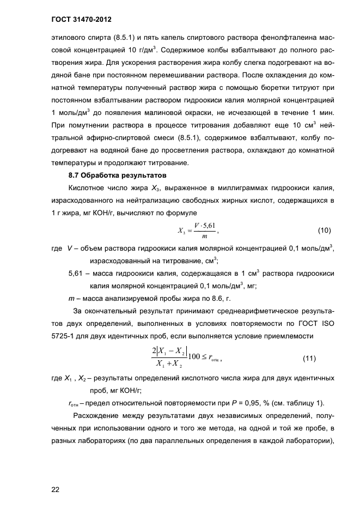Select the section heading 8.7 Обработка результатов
[112, 175]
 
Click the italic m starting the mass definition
[71, 299]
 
